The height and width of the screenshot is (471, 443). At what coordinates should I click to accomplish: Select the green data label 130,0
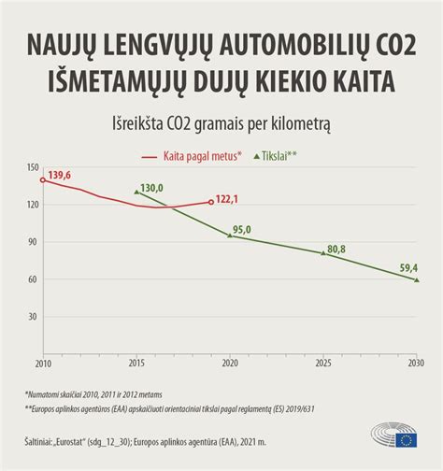151,188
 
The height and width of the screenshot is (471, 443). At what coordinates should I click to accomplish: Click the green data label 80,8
336,249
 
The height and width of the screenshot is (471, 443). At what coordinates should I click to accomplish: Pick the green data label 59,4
407,268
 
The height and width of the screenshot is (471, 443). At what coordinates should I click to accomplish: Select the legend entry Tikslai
283,157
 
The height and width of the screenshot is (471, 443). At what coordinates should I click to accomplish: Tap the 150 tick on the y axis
33,168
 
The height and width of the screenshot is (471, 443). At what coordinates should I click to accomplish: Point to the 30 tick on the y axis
33,317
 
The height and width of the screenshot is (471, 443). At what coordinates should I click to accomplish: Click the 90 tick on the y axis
33,242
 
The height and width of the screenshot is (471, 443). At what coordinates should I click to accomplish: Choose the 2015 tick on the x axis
136,363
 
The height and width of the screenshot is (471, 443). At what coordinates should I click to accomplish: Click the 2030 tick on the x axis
416,363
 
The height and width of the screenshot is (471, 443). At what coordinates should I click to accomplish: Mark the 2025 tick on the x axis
322,363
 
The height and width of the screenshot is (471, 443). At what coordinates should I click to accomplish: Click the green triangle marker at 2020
230,235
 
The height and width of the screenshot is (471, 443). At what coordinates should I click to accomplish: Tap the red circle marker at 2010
43,179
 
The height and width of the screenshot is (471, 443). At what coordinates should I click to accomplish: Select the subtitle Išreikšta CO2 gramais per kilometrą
221,124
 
